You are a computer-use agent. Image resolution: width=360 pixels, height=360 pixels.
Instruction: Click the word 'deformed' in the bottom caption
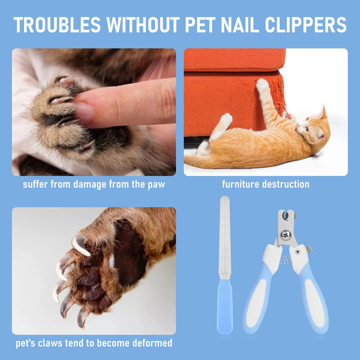click(x=152, y=343)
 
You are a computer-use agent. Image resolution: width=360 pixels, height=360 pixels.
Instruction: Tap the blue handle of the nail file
click(x=225, y=306)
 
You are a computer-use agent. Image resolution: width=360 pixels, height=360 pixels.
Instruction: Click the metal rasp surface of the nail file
click(x=225, y=238)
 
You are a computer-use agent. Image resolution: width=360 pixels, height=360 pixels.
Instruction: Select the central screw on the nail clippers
click(x=285, y=234)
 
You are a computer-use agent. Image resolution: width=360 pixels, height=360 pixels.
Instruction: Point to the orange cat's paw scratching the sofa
click(x=262, y=85)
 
